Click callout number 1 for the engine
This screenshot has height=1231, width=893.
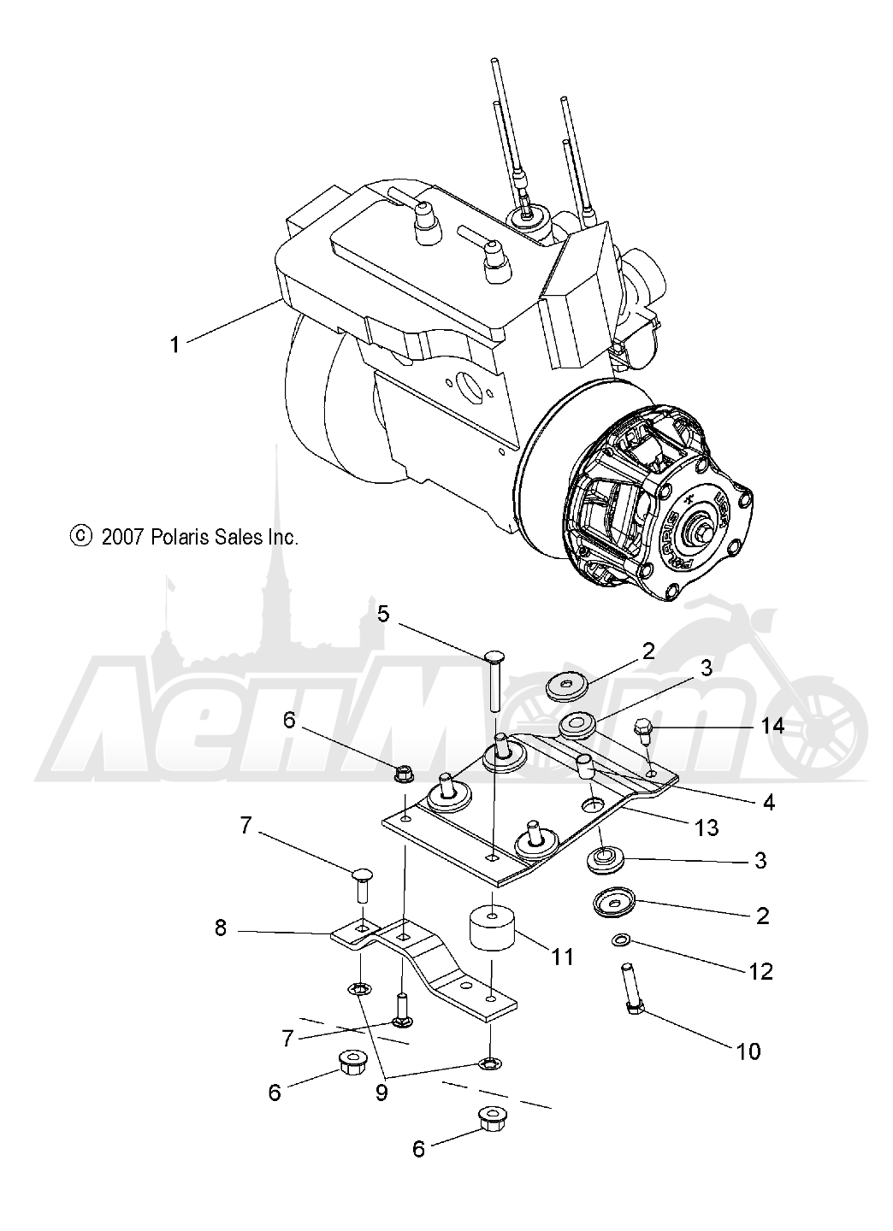click(174, 345)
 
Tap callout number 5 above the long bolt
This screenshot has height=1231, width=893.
click(383, 613)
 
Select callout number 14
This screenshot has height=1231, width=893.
click(772, 726)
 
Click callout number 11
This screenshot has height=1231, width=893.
click(561, 955)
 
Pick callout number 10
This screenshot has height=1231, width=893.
click(748, 1051)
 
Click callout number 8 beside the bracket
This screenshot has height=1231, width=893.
click(221, 927)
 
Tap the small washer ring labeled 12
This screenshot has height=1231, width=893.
click(620, 940)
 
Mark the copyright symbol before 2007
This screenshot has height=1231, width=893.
click(80, 536)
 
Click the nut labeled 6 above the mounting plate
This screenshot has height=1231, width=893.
click(403, 775)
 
